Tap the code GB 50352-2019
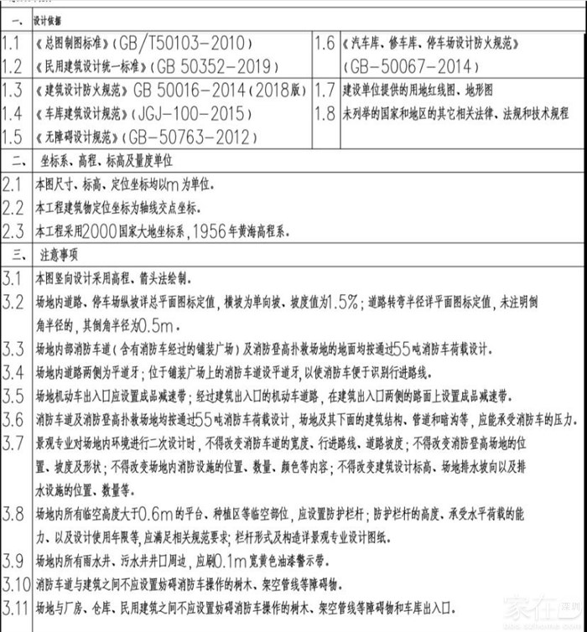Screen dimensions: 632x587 [209, 66]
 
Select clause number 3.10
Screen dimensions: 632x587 [15, 583]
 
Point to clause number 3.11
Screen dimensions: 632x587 [15, 605]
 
